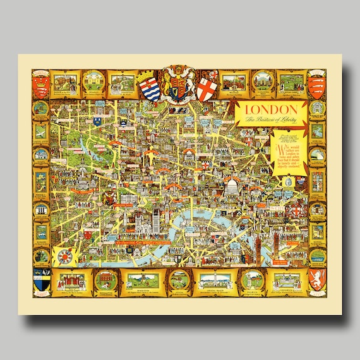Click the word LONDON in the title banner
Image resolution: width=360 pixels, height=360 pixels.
(262, 109)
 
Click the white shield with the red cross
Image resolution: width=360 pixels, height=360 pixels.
(206, 88)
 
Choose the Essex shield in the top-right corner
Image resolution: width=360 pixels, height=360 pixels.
(316, 87)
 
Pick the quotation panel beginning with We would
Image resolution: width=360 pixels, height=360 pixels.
(287, 153)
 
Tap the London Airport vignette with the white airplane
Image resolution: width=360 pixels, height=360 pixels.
(42, 132)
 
